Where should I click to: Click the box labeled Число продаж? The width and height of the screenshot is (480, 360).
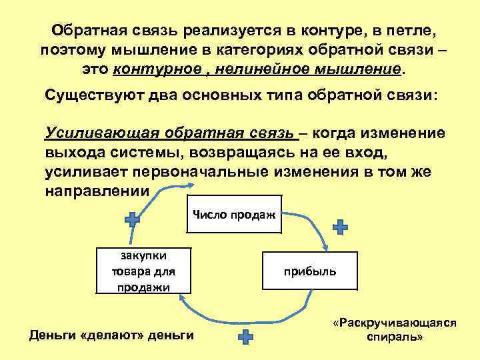[235, 215]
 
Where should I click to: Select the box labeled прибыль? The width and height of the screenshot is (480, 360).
[310, 271]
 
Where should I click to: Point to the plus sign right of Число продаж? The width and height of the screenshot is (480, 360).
[340, 227]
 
